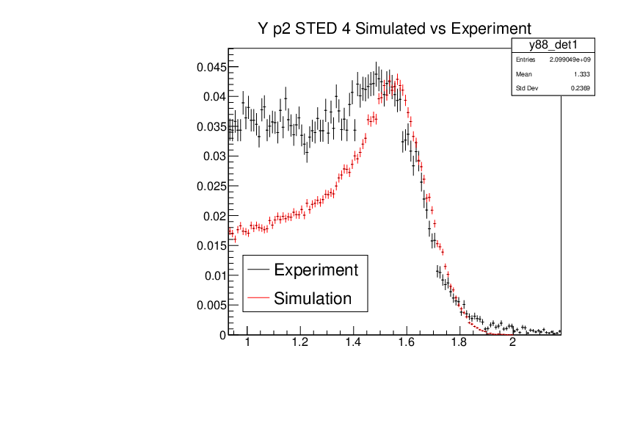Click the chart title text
click(x=389, y=29)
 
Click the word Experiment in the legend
click(x=316, y=270)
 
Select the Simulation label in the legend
click(x=313, y=298)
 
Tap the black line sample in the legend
click(x=258, y=270)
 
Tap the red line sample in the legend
click(x=258, y=298)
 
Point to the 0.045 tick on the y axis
click(x=210, y=67)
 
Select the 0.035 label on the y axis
click(x=210, y=126)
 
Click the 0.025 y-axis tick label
click(x=210, y=186)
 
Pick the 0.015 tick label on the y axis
click(x=210, y=245)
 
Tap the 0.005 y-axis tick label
click(x=210, y=305)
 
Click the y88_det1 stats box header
click(x=553, y=46)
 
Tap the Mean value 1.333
click(x=582, y=74)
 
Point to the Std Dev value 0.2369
click(x=581, y=89)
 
